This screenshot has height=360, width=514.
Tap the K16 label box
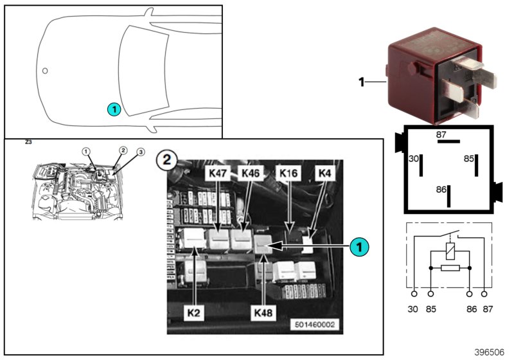[286, 174]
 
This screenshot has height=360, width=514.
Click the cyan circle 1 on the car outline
[113, 109]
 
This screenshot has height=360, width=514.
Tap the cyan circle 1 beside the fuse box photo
[360, 246]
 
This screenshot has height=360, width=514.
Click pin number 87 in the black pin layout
[441, 134]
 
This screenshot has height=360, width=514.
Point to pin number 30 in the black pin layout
[414, 157]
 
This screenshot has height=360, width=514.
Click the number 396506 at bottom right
[490, 352]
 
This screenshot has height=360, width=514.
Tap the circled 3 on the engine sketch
[141, 152]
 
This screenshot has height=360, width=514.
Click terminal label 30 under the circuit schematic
[413, 309]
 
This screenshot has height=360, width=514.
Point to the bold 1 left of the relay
[361, 82]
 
